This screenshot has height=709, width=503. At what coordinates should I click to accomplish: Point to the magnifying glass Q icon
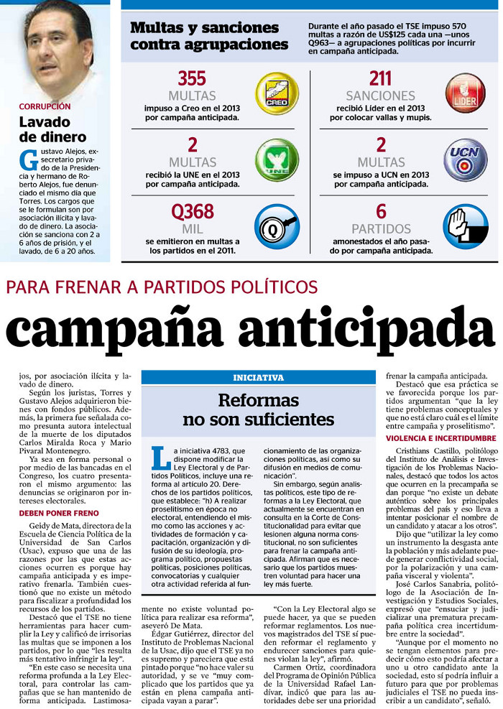(277, 224)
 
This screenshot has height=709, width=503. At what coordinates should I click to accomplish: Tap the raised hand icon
(464, 224)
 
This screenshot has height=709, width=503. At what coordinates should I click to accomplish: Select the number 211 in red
(380, 78)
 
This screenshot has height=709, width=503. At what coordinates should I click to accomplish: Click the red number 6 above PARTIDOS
(381, 212)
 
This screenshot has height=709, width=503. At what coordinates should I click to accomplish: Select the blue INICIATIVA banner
(258, 377)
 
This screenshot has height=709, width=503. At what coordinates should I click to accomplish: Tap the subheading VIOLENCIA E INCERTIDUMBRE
(440, 437)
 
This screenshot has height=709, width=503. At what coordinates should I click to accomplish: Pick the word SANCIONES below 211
(380, 96)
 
